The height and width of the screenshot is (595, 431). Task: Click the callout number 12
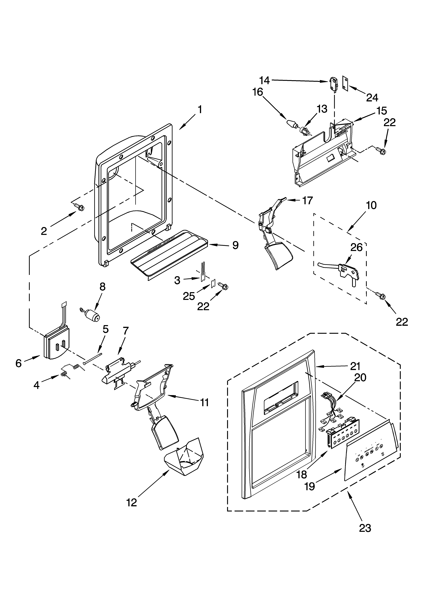pyautogui.click(x=132, y=502)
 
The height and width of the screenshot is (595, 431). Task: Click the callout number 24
pyautogui.click(x=372, y=98)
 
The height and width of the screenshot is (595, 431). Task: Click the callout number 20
pyautogui.click(x=360, y=377)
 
